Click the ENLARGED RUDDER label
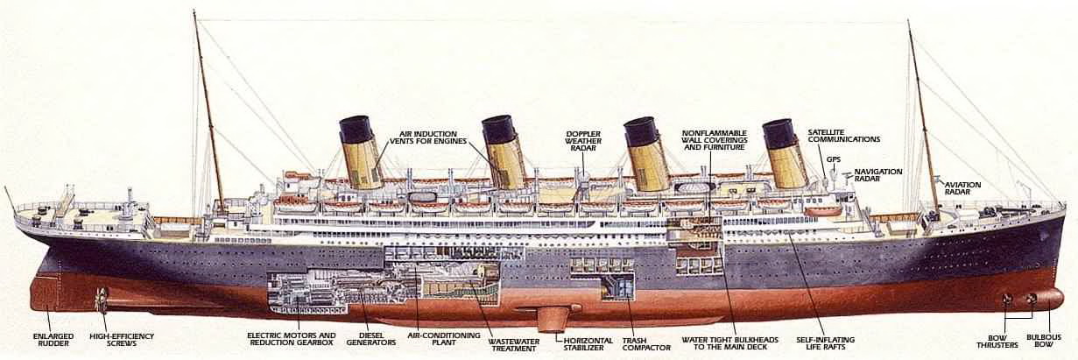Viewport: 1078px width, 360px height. pyautogui.click(x=53, y=340)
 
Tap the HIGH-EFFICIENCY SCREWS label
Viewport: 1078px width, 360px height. pyautogui.click(x=122, y=340)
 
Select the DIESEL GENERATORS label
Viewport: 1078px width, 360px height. pyautogui.click(x=371, y=339)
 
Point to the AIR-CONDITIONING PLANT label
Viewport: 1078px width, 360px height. pyautogui.click(x=444, y=339)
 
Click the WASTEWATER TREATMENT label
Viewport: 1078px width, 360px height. pyautogui.click(x=514, y=344)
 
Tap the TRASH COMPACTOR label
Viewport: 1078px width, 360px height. pyautogui.click(x=646, y=343)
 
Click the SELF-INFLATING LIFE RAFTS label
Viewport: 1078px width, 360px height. pyautogui.click(x=825, y=343)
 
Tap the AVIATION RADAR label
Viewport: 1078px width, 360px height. pyautogui.click(x=962, y=188)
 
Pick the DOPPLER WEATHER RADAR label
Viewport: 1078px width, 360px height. pyautogui.click(x=583, y=141)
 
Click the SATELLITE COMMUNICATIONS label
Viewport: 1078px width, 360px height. pyautogui.click(x=843, y=136)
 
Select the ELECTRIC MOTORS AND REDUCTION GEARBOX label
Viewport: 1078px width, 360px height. pyautogui.click(x=291, y=339)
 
